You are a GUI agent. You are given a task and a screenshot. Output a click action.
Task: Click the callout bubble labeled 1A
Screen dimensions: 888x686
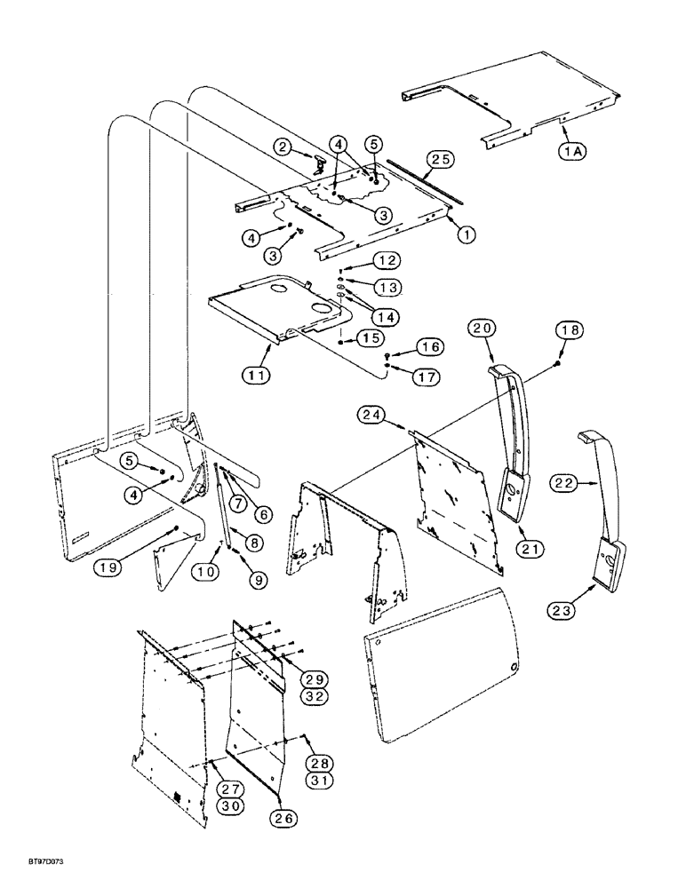(x=571, y=152)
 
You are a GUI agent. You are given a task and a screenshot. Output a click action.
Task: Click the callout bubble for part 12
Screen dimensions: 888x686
(x=387, y=260)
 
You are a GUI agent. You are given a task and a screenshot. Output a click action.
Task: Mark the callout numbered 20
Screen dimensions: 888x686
(x=482, y=329)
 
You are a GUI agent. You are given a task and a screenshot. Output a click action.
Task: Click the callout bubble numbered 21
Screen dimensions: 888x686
(x=530, y=551)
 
